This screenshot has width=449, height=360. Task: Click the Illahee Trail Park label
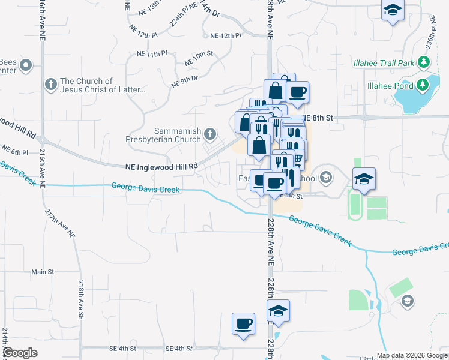tap(391, 62)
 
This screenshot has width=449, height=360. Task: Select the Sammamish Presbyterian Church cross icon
tap(209, 133)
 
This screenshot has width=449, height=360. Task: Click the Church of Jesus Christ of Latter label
tap(103, 86)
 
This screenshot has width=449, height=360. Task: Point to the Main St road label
tap(43, 272)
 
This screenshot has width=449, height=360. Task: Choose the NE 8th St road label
tap(318, 118)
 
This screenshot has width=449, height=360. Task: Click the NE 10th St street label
tap(199, 58)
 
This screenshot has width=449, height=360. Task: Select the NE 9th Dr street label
tap(184, 82)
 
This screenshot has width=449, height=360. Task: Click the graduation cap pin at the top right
tap(393, 10)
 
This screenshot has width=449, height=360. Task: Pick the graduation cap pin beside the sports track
tap(364, 179)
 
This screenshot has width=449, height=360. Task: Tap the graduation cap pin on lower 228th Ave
tap(278, 311)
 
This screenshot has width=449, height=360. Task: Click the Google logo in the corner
tap(20, 353)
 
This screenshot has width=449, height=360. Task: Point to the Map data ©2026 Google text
tap(412, 355)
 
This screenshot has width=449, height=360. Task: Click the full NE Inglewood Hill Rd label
tap(161, 166)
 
